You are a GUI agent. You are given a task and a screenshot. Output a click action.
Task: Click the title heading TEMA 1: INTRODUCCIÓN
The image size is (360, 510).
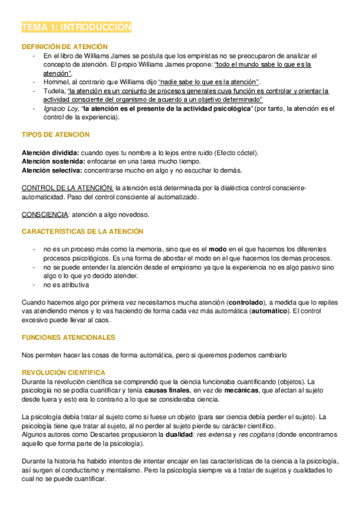tap(76, 28)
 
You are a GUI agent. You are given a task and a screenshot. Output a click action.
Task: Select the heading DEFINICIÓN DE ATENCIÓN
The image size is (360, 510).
tap(64, 46)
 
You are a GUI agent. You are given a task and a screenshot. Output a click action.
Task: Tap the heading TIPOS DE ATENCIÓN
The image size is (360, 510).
tap(55, 134)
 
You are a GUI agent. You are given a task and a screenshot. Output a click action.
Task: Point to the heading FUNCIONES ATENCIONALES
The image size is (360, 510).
tap(68, 337)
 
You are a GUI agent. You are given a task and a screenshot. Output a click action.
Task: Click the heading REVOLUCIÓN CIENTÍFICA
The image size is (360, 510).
tap(63, 373)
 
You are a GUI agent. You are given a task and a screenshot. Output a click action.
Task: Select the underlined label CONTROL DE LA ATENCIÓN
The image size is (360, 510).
tap(67, 188)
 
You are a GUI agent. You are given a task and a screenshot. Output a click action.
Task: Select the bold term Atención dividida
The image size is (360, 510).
tap(49, 153)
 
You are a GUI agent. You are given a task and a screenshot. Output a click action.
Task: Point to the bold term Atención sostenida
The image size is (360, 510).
tap(50, 161)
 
